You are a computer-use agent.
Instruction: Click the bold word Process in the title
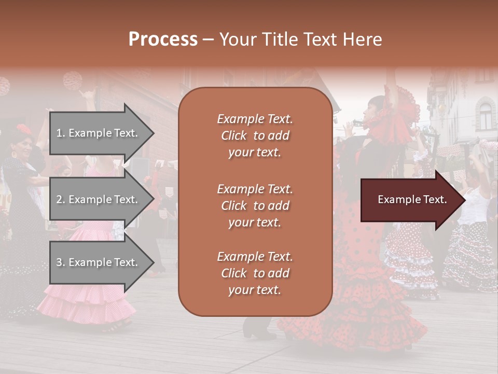point(163,39)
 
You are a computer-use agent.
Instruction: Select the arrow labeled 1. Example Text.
point(99,133)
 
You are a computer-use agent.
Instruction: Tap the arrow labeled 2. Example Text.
point(99,199)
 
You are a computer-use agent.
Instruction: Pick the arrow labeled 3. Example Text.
point(99,262)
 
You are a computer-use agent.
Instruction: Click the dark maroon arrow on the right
point(410,200)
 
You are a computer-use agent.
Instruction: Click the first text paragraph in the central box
point(255,136)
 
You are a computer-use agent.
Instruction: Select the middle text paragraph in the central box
point(255,206)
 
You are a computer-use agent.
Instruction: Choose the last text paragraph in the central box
point(255,273)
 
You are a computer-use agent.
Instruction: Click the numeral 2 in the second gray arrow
point(59,199)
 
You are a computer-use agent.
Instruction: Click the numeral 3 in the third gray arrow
point(59,262)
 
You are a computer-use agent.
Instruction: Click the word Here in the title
point(362,39)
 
